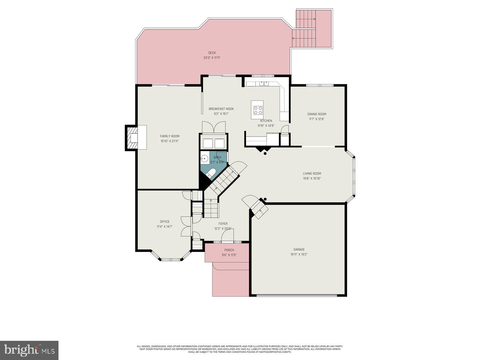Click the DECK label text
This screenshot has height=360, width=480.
(212, 53)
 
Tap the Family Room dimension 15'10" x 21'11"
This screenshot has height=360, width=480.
(169, 141)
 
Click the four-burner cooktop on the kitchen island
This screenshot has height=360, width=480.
(258, 110)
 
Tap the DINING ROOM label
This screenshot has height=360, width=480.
(316, 114)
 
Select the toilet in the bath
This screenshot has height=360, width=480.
(211, 173)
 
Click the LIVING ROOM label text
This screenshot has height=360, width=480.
(312, 173)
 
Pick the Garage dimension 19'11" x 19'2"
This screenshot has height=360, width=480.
(299, 254)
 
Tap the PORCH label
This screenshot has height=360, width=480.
(229, 250)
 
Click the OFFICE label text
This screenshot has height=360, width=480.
(164, 222)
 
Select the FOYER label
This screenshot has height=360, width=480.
(223, 223)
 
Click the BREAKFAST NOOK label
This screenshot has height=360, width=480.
(221, 109)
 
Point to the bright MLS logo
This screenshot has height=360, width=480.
(29, 350)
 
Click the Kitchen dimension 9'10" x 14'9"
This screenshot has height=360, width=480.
(266, 126)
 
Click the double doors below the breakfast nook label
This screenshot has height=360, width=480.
(214, 127)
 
